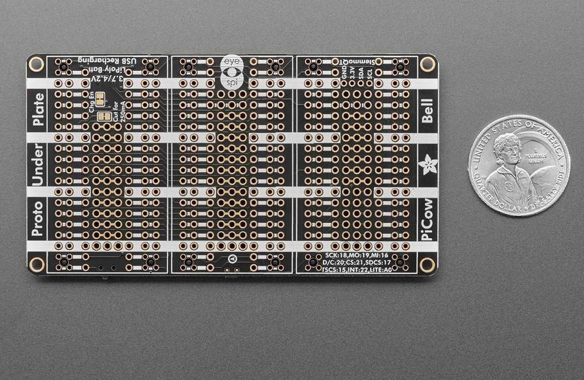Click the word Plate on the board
pos(37,110)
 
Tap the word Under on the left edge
pos(37,165)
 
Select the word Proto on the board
pos(37,218)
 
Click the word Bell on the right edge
pos(428,109)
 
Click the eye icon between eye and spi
pos(232,72)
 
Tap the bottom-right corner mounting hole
pos(427,264)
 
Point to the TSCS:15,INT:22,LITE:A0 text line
pos(360,271)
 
